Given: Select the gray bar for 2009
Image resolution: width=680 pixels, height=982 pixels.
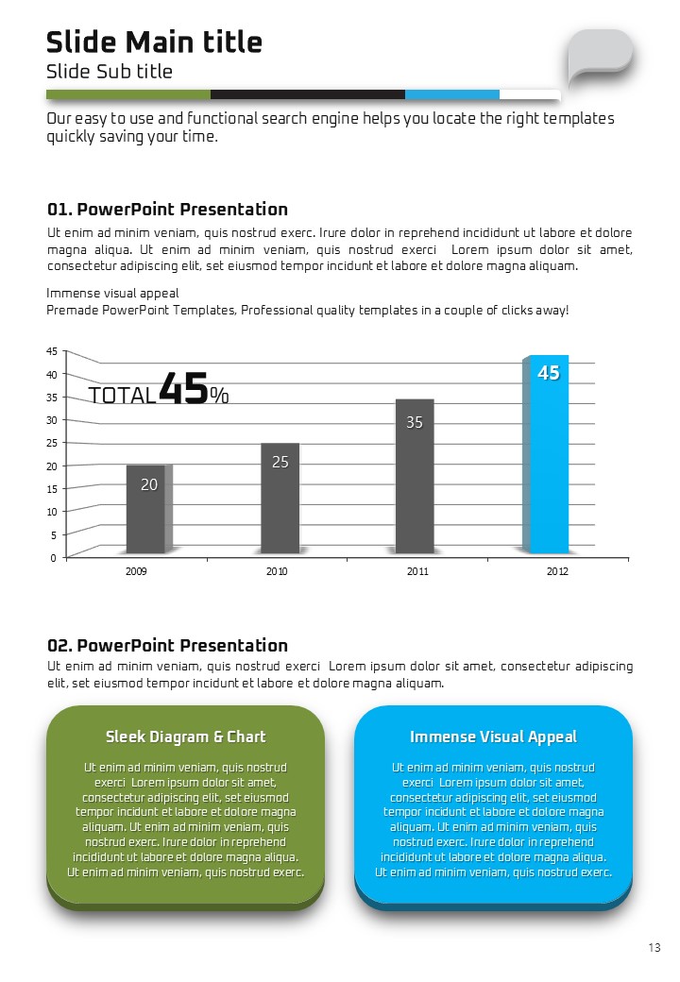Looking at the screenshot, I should pyautogui.click(x=146, y=510).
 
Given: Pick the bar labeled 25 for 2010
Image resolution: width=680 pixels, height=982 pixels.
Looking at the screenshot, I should pyautogui.click(x=280, y=499).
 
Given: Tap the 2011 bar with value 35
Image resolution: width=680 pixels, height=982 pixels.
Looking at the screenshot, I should pyautogui.click(x=415, y=477).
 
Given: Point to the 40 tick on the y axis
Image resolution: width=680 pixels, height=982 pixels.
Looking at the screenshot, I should pyautogui.click(x=52, y=375).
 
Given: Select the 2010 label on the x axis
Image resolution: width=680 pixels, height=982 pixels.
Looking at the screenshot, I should pyautogui.click(x=277, y=572).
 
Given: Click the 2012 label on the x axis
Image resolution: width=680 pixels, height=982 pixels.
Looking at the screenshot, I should pyautogui.click(x=557, y=572).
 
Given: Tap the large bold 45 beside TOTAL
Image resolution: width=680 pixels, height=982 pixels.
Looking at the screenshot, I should pyautogui.click(x=183, y=389).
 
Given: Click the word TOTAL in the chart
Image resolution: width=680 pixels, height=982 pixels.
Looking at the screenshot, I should pyautogui.click(x=122, y=397).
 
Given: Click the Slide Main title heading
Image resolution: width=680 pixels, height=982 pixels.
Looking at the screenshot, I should pyautogui.click(x=154, y=42).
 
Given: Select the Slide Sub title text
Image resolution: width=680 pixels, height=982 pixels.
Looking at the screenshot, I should pyautogui.click(x=110, y=72).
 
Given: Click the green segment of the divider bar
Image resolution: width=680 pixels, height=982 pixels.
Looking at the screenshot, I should pyautogui.click(x=128, y=94).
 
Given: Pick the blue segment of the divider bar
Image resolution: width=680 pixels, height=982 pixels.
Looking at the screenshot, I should pyautogui.click(x=451, y=94).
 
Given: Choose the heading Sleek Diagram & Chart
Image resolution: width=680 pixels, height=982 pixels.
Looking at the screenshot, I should pyautogui.click(x=185, y=736).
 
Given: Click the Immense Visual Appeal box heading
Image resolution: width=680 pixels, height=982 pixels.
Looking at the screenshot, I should pyautogui.click(x=493, y=736).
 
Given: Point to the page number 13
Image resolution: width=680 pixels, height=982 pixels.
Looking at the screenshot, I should pyautogui.click(x=654, y=947).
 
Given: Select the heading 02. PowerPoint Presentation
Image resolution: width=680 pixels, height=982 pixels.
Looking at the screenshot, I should pyautogui.click(x=167, y=646).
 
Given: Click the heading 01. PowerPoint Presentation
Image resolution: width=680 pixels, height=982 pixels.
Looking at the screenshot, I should pyautogui.click(x=167, y=210).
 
